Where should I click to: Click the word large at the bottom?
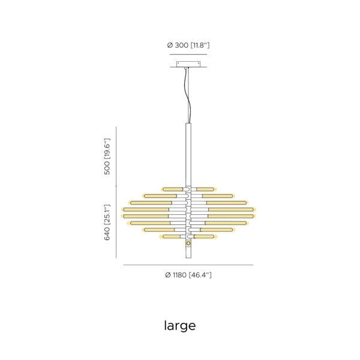[x=180, y=326]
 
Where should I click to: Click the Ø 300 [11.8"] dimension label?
[x=188, y=45]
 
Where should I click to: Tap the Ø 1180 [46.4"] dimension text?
[x=188, y=275]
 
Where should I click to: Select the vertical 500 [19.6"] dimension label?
[x=107, y=157]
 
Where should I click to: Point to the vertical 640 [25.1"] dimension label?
[x=107, y=222]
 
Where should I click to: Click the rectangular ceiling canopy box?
[x=188, y=64]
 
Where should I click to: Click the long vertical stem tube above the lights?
[x=188, y=154]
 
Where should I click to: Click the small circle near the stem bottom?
[x=188, y=243]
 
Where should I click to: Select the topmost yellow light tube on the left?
[x=173, y=190]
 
